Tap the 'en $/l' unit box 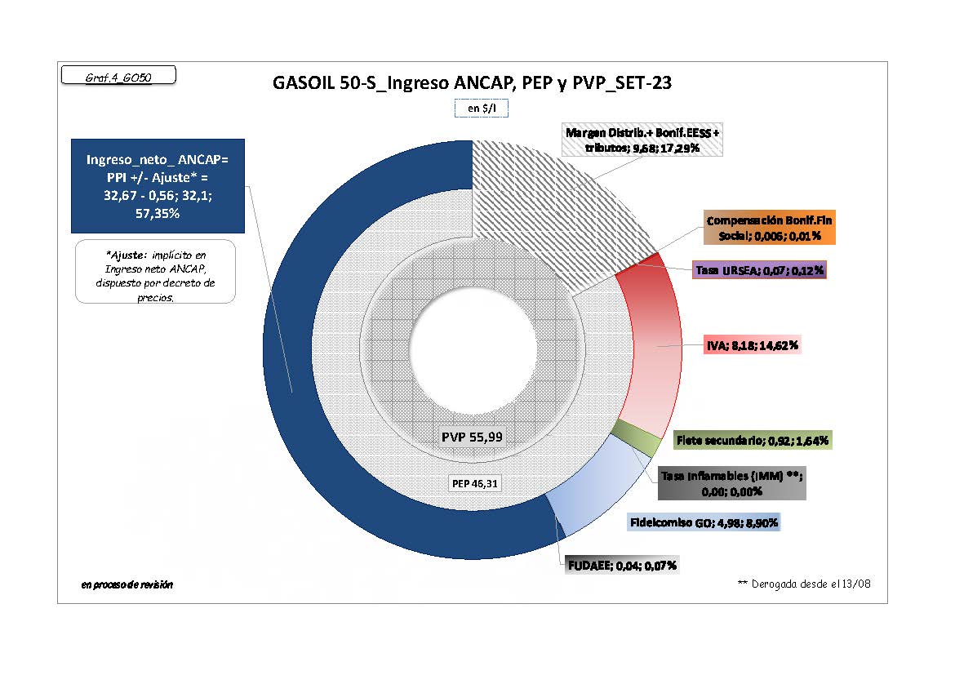pyautogui.click(x=481, y=108)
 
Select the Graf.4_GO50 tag pyautogui.click(x=118, y=76)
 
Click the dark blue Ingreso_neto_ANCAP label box pyautogui.click(x=158, y=184)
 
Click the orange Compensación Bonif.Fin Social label pyautogui.click(x=771, y=229)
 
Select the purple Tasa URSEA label pyautogui.click(x=760, y=269)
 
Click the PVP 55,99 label pyautogui.click(x=473, y=437)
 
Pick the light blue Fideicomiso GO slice pyautogui.click(x=584, y=482)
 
